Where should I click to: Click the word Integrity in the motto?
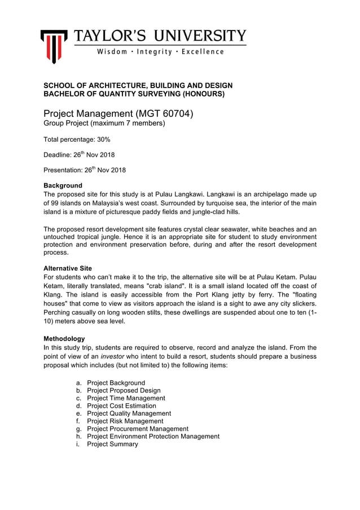tap(156, 52)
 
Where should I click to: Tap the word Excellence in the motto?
tap(203, 52)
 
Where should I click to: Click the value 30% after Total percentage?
tap(103, 139)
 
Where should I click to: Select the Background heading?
tap(63, 186)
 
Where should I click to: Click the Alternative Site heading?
tap(68, 268)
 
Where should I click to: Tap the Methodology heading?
tap(64, 339)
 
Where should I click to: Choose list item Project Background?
tap(116, 383)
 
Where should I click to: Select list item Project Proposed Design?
tap(124, 391)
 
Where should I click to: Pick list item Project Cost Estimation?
tap(121, 406)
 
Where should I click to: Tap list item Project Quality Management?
tap(129, 413)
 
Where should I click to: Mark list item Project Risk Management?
tap(125, 421)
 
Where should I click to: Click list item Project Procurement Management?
tap(138, 429)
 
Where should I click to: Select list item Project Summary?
tap(112, 444)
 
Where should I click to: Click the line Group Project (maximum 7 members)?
tap(104, 123)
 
